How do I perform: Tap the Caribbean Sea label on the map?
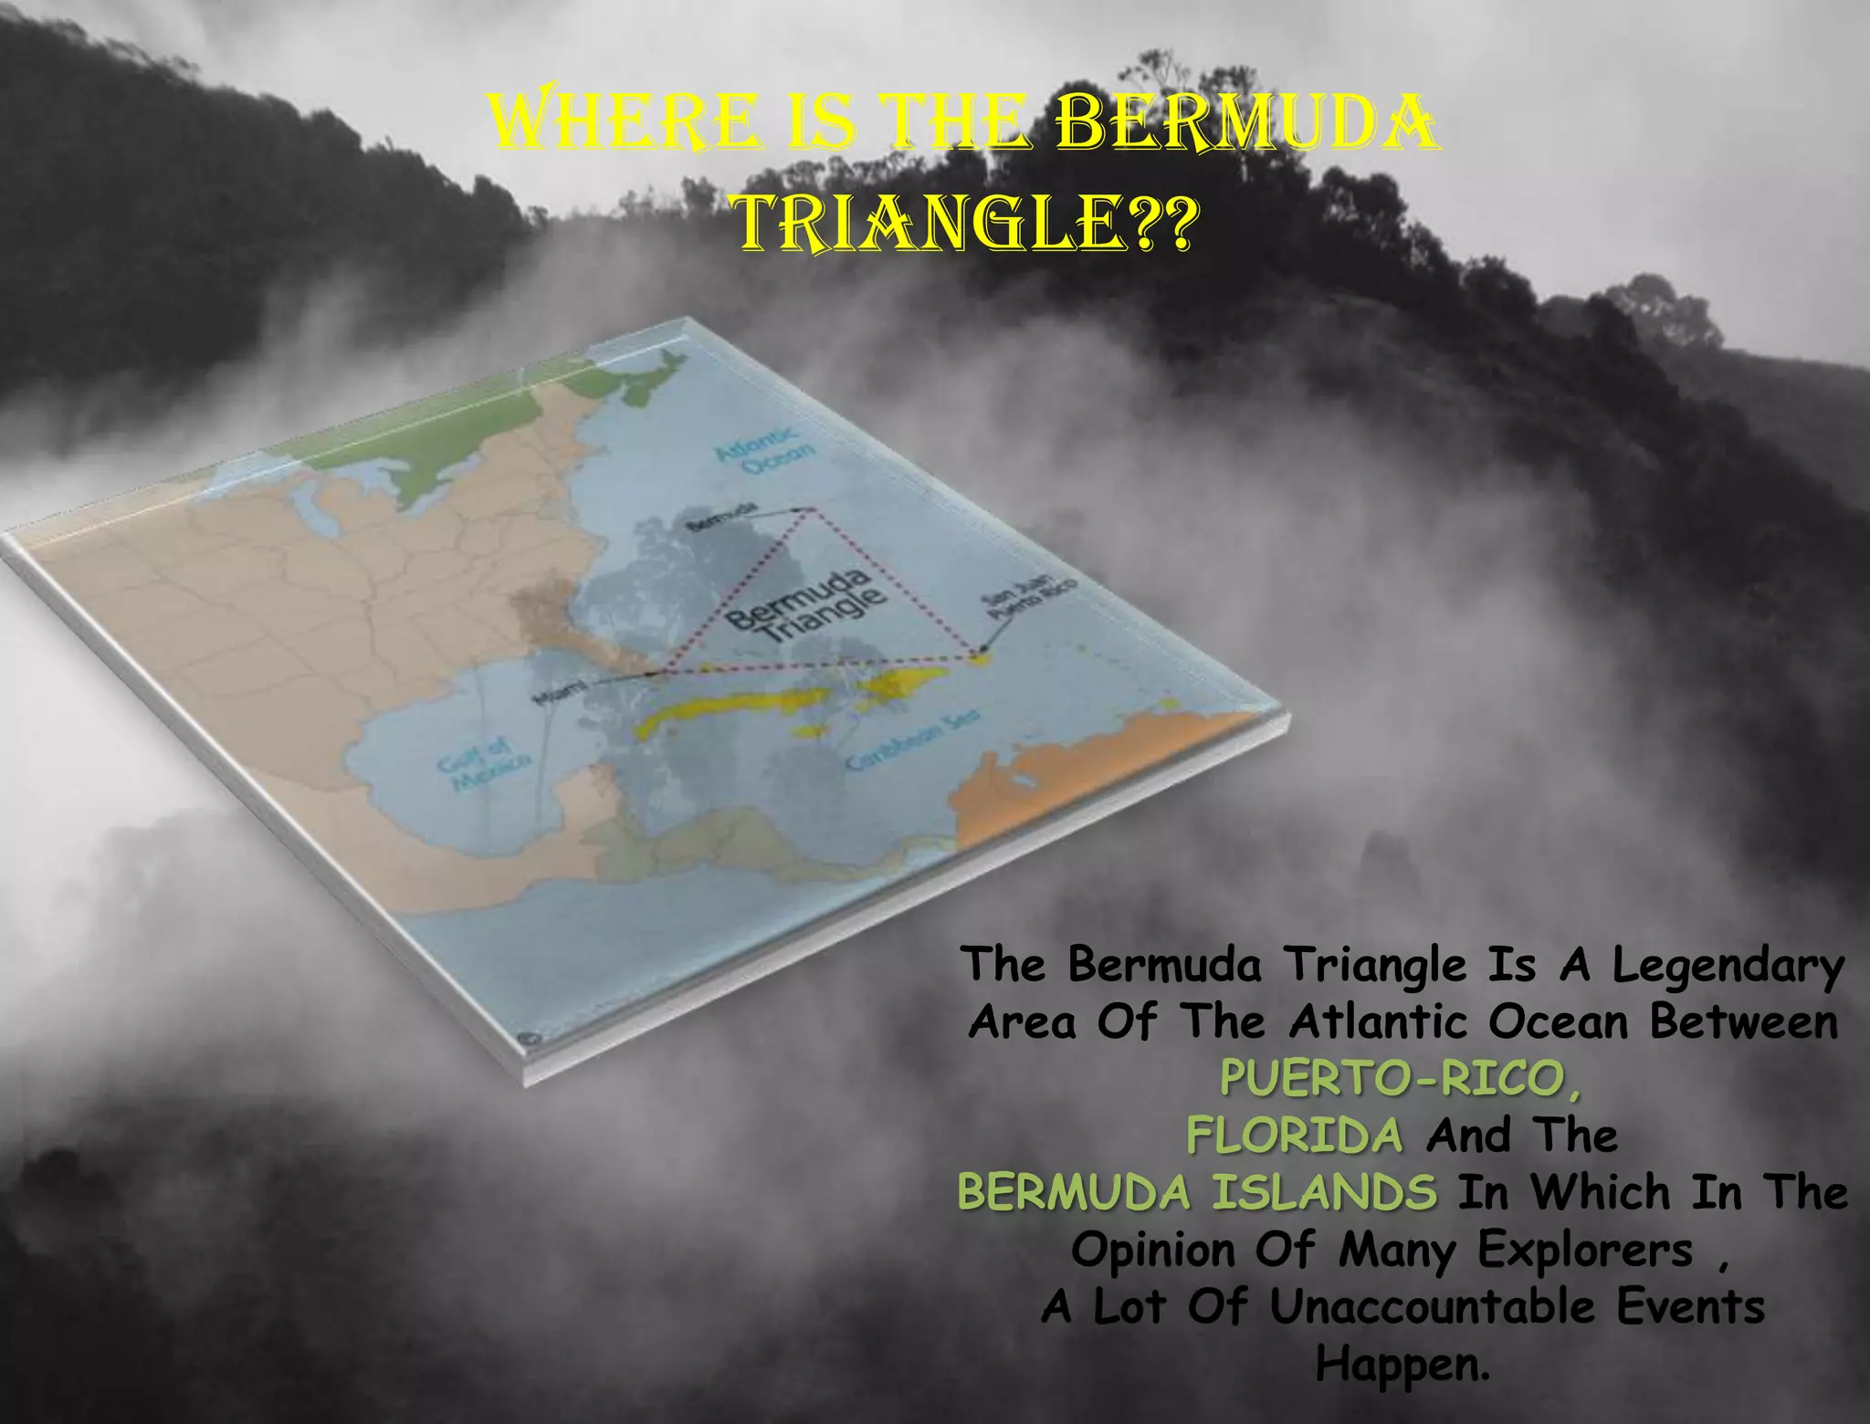coord(913,738)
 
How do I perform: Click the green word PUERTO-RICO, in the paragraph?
coord(1401,1080)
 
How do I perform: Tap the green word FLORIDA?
coord(1295,1136)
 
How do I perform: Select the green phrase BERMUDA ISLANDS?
coord(1197,1193)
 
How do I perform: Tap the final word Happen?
coord(1402,1364)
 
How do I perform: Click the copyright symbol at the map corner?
coord(527,1038)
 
